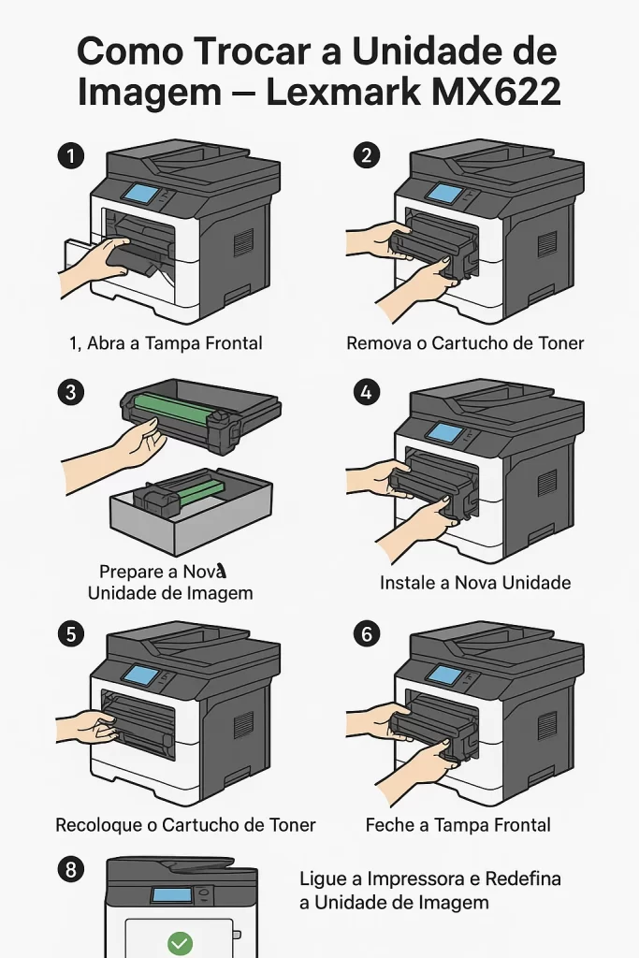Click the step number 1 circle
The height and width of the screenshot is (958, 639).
pos(70,156)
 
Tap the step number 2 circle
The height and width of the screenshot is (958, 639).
pos(366,156)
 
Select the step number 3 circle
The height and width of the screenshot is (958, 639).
pos(70,392)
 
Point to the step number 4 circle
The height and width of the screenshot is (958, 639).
pos(366,392)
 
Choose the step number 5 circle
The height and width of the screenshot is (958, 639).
pos(70,634)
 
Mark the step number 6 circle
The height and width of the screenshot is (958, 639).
pos(366,634)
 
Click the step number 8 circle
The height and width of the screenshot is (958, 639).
pos(70,870)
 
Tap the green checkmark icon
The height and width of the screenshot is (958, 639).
pos(179,942)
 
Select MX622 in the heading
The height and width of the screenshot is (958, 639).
pos(502,92)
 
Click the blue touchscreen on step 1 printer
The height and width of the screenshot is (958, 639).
pos(141,194)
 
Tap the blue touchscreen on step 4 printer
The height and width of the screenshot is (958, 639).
pos(445,433)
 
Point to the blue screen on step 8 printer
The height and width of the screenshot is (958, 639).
pos(172,894)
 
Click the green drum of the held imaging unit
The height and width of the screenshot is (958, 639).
pos(179,404)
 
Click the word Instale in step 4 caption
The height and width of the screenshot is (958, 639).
pos(403,583)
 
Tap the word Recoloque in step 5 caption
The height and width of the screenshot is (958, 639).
pos(95,825)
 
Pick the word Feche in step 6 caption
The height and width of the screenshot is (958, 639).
pos(388,825)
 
